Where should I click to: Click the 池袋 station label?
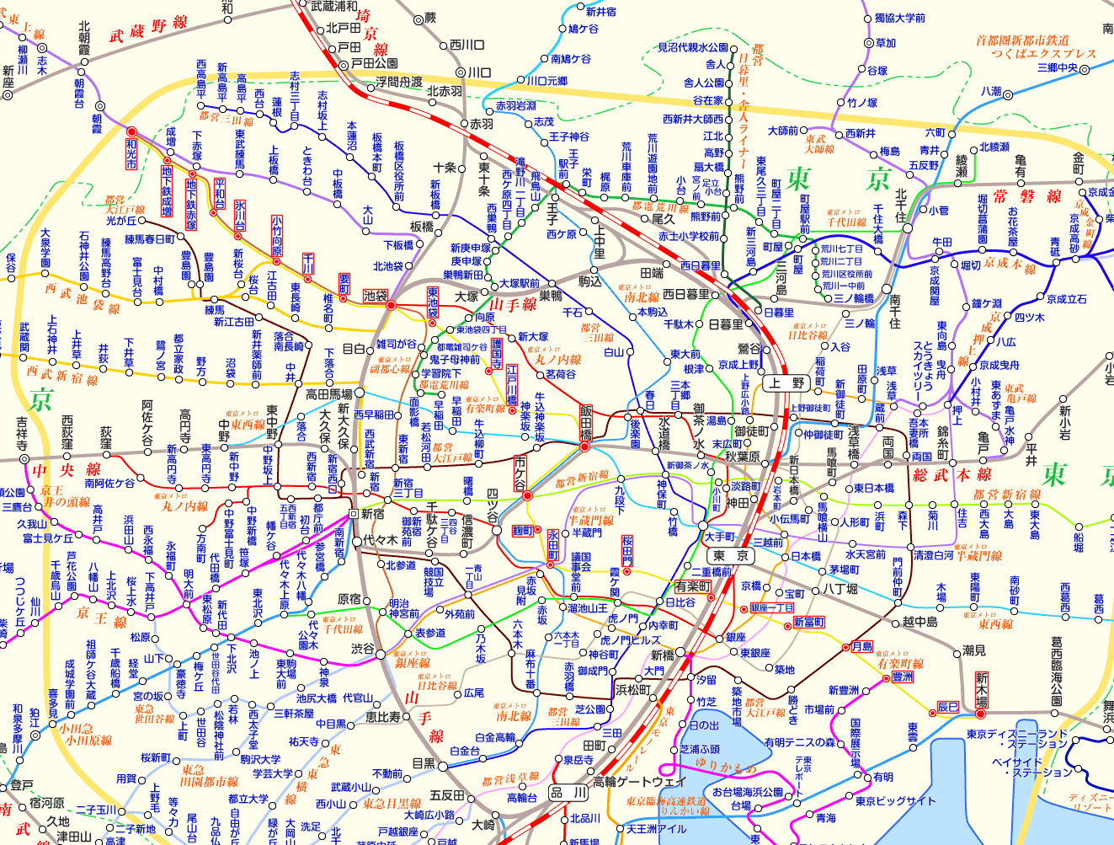pos(375,296)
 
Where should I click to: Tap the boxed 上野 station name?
pos(784,383)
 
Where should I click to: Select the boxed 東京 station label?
pos(730,556)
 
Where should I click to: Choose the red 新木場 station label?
pos(981,690)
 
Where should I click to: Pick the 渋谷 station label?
pos(363,650)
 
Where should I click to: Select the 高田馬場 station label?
pos(328,394)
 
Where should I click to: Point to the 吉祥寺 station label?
pos(22,433)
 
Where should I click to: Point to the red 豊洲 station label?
pos(902,677)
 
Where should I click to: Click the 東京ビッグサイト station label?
pos(895,801)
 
